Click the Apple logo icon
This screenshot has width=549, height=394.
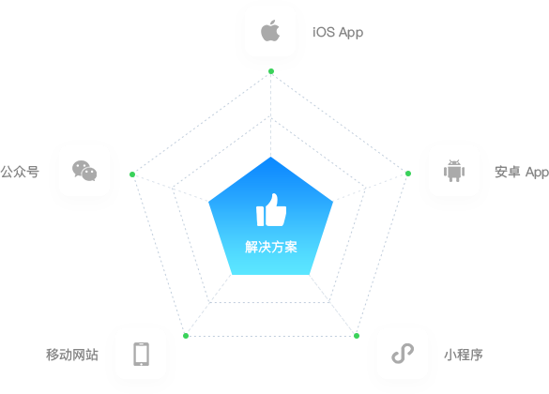(x=270, y=31)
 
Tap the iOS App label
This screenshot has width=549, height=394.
(x=338, y=33)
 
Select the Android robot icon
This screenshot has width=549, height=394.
(x=454, y=171)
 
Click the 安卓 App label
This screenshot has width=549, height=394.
(x=522, y=173)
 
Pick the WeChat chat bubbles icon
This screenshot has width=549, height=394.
(x=84, y=171)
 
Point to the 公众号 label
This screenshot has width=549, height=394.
(x=20, y=172)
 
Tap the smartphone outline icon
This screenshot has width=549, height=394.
(x=141, y=354)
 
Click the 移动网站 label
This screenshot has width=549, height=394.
(x=72, y=355)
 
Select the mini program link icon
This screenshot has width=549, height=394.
(x=403, y=354)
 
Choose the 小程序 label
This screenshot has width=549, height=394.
(x=464, y=355)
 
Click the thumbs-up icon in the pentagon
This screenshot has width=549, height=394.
(x=271, y=210)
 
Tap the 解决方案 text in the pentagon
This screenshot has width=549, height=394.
(x=271, y=247)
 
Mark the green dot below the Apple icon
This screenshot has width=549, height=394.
(x=271, y=71)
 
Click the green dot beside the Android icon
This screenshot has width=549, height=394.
(x=408, y=174)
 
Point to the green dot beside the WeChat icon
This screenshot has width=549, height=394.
(x=132, y=174)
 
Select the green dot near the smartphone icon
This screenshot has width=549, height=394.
(x=186, y=336)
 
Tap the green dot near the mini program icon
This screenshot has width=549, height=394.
(x=357, y=336)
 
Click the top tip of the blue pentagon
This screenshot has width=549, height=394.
(x=270, y=157)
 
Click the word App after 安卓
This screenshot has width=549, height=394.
(x=537, y=173)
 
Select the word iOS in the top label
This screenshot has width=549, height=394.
(x=324, y=32)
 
